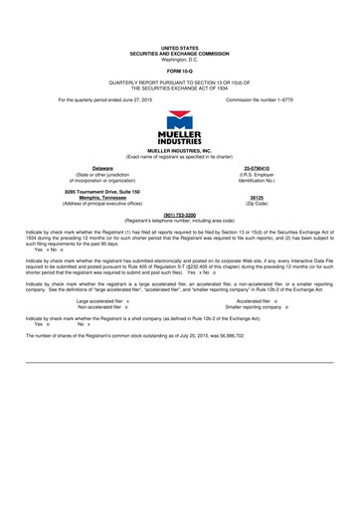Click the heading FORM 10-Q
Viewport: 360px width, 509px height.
pos(180,71)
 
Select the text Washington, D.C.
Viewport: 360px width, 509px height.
pos(180,58)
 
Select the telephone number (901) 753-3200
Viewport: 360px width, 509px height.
pos(180,213)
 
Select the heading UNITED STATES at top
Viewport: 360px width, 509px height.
pos(180,47)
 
